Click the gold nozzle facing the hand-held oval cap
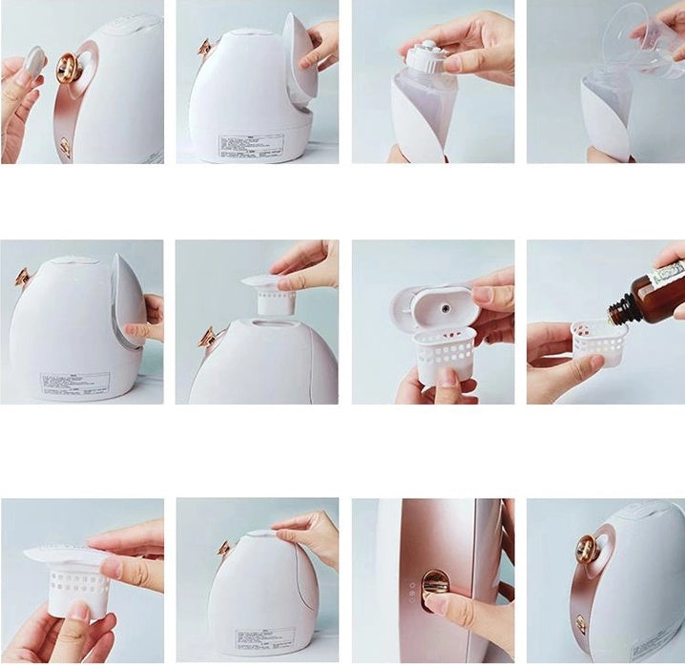70,67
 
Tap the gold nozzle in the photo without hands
587,548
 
